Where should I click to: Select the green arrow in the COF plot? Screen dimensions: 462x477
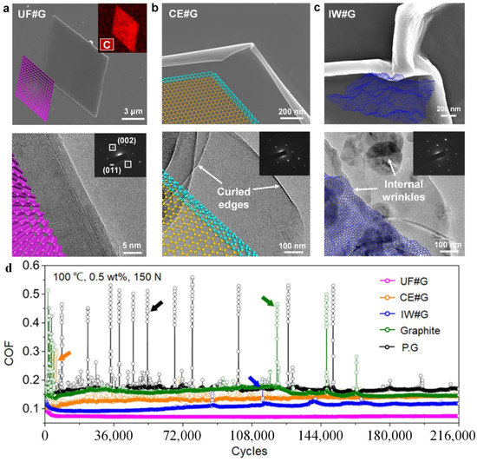coord(269,300)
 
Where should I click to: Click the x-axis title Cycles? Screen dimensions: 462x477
coord(251,452)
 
